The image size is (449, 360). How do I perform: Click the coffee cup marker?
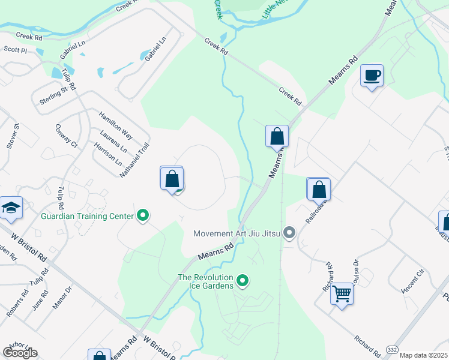point(372,76)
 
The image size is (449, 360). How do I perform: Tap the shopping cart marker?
point(342,294)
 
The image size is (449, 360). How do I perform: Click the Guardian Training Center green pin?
point(143,214)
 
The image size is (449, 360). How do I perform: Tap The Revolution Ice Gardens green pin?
point(243,280)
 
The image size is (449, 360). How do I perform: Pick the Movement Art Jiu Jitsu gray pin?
point(290,233)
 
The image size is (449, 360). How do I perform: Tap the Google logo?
point(20,353)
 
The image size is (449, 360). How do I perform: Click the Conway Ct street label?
point(66,136)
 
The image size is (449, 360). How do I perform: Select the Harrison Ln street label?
point(107,154)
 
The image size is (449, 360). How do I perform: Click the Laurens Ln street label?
point(114,140)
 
